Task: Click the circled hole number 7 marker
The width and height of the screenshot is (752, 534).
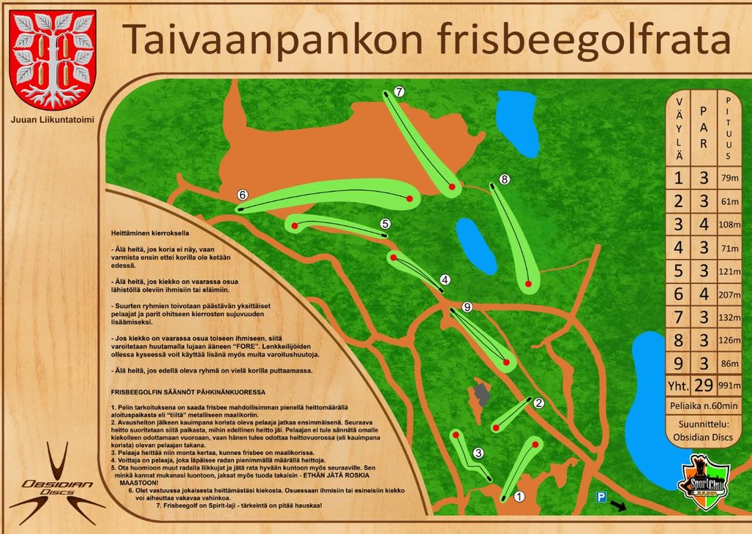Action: [399, 91]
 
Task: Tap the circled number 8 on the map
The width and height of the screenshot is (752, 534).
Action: [504, 179]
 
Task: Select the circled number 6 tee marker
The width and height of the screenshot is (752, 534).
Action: [243, 195]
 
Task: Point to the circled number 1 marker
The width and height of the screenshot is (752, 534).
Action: [519, 495]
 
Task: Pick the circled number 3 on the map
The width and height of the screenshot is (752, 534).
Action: [478, 453]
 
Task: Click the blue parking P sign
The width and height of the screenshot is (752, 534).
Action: [601, 497]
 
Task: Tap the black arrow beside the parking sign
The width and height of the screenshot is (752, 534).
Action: [619, 505]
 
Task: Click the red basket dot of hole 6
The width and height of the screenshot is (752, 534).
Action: [409, 198]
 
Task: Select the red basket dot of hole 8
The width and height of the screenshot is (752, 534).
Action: [528, 283]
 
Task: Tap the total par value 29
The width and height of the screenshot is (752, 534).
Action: [703, 386]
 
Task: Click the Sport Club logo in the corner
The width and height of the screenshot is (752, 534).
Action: [704, 480]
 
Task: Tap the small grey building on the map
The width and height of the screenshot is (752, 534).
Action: [482, 393]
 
